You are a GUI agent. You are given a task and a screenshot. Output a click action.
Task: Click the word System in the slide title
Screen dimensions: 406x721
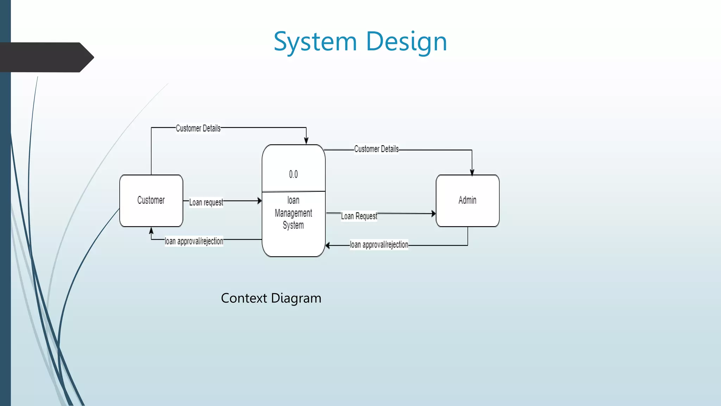[315, 42]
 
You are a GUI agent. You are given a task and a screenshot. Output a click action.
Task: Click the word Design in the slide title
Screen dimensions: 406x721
[406, 42]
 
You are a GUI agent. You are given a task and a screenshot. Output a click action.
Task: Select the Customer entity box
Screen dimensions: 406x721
[151, 200]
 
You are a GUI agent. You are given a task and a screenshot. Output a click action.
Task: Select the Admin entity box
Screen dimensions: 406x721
[467, 200]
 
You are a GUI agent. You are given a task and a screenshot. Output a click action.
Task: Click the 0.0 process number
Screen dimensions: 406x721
[293, 174]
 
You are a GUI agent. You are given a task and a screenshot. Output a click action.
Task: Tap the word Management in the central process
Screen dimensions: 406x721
[293, 213]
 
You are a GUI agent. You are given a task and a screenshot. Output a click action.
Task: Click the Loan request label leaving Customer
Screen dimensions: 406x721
[206, 202]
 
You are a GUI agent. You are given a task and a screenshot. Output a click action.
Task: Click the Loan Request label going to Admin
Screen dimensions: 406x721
[359, 216]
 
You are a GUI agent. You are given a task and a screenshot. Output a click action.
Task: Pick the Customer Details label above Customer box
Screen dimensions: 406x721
[198, 128]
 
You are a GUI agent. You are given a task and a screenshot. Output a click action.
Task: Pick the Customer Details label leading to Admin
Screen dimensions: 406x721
[376, 149]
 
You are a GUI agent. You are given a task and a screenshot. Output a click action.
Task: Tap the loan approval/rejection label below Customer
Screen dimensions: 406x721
[194, 241]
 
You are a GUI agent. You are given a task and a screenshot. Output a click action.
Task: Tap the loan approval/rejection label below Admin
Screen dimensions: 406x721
[379, 245]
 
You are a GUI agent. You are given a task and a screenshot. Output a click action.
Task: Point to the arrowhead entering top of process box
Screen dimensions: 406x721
[306, 141]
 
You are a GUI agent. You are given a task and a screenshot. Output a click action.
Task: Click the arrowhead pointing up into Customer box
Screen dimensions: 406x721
[151, 230]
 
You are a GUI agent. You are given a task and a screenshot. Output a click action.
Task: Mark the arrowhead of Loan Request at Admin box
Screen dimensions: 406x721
[433, 214]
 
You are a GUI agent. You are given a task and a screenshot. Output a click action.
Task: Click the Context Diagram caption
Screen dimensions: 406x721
[271, 298]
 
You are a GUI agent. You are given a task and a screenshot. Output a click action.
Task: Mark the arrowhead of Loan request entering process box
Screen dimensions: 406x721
[259, 201]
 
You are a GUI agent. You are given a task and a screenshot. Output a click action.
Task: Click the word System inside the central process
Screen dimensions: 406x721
[293, 225]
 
